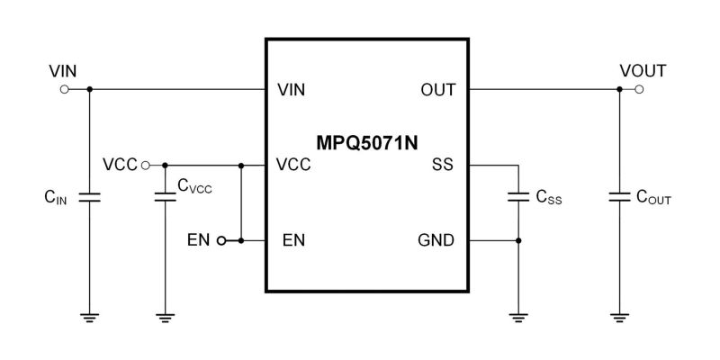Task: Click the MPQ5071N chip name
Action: click(x=366, y=142)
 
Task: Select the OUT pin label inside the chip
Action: click(x=438, y=90)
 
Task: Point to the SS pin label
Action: click(x=444, y=166)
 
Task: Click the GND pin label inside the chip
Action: click(x=436, y=241)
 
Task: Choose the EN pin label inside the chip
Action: click(x=292, y=241)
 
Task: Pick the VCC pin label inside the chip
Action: click(x=294, y=166)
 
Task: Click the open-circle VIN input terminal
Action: click(x=63, y=90)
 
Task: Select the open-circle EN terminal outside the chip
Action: click(x=220, y=241)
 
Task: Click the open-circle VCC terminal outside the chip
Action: click(x=144, y=166)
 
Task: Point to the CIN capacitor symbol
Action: click(x=89, y=197)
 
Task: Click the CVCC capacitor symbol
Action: click(x=165, y=197)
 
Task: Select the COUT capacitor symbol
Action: click(x=619, y=197)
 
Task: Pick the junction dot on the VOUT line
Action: click(x=619, y=90)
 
